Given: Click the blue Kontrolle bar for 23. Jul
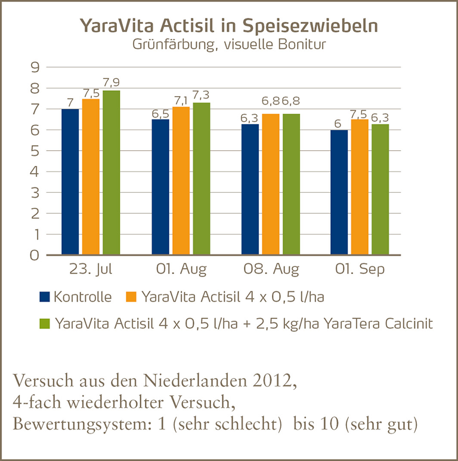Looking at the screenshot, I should [x=70, y=182].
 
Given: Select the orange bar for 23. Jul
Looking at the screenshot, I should [x=91, y=177].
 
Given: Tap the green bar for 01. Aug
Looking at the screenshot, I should [x=201, y=179].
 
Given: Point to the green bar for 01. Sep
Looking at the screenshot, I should [x=380, y=189].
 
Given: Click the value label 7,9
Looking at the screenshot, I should [x=112, y=82].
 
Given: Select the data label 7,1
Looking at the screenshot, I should [x=181, y=99].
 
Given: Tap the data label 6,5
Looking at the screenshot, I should [x=160, y=112].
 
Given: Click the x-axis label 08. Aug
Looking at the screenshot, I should [x=271, y=269].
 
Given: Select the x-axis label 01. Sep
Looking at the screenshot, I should [x=360, y=269].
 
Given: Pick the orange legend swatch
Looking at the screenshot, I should [x=134, y=297].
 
